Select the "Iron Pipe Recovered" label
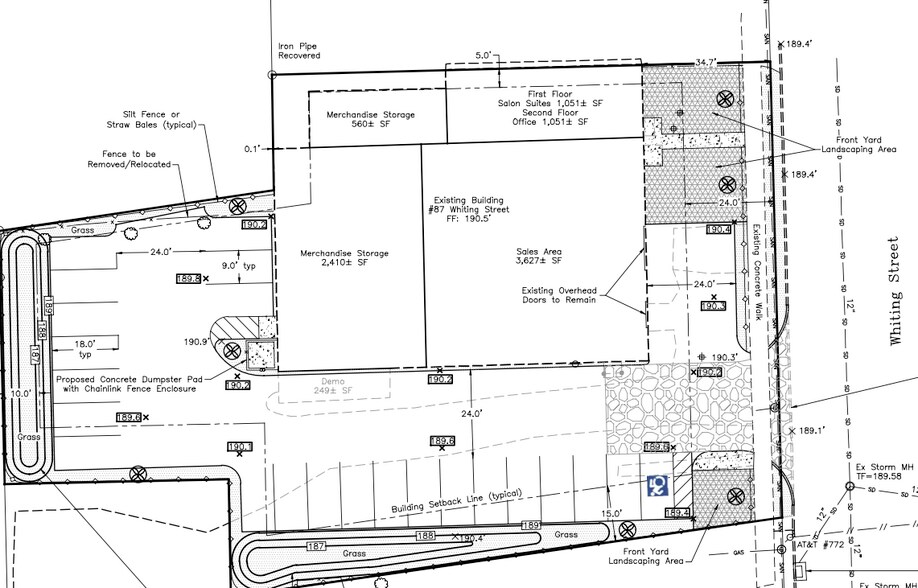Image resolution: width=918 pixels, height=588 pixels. coord(299,50)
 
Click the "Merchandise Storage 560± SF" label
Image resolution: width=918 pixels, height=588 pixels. coord(371,120)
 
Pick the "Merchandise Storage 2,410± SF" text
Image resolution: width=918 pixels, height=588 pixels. coord(345,259)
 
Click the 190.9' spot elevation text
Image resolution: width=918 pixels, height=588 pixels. coord(196,342)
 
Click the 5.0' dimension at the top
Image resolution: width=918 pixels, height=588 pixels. coord(485,56)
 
